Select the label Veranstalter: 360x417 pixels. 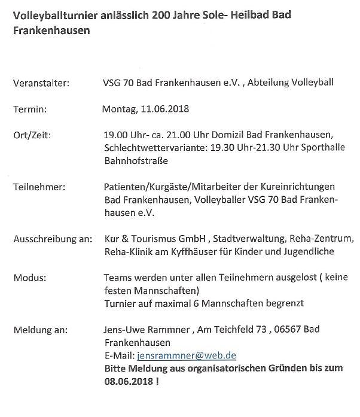[x=41, y=83]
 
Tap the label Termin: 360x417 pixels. [x=30, y=109]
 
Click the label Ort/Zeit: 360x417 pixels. [x=32, y=135]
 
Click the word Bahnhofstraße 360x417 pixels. [x=136, y=160]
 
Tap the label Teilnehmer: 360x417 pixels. [x=39, y=187]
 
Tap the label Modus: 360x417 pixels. [x=29, y=278]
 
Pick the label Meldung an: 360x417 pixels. [x=40, y=330]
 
